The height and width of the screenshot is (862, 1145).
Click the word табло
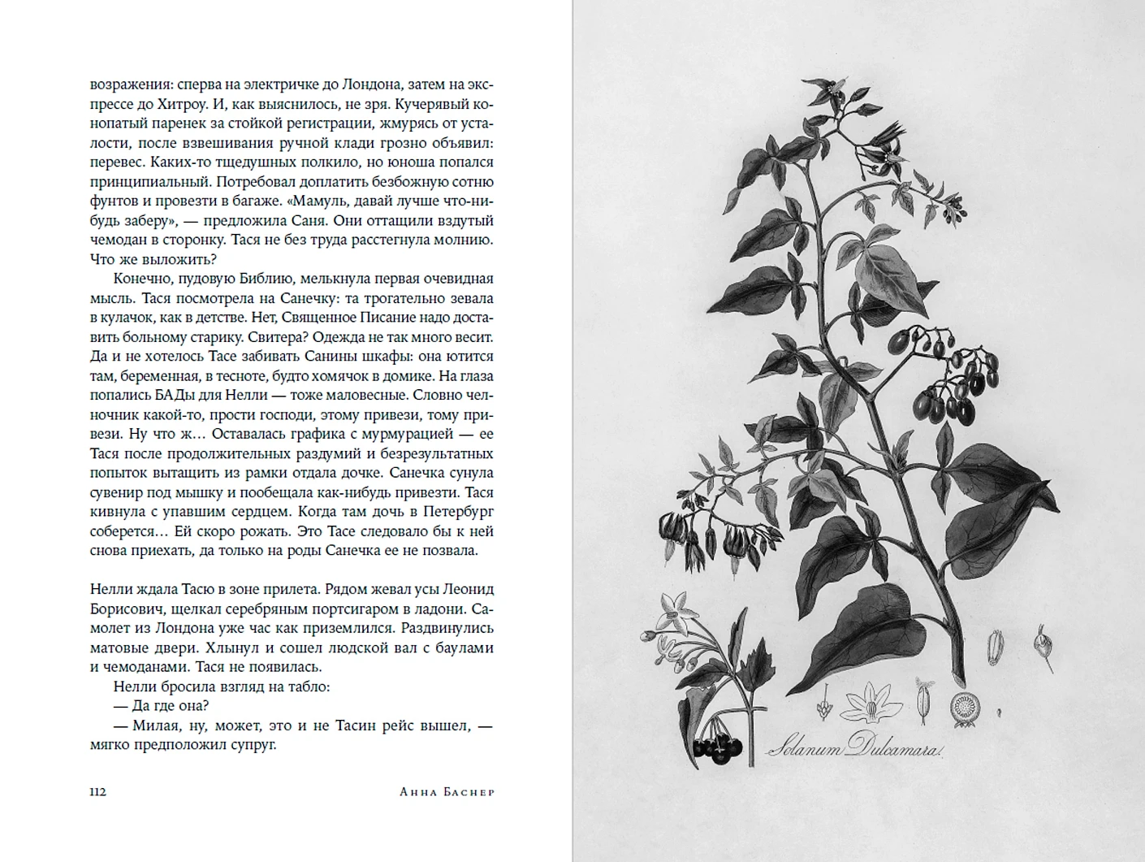pyautogui.click(x=309, y=687)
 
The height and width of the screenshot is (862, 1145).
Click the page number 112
pyautogui.click(x=98, y=792)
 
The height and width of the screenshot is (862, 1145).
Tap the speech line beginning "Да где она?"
pyautogui.click(x=161, y=706)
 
